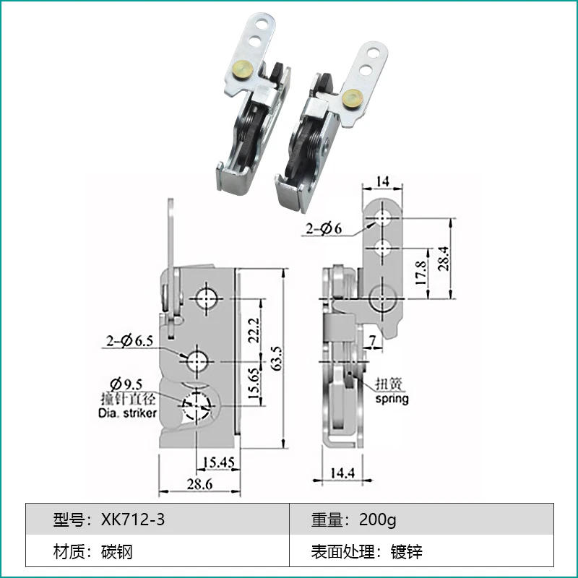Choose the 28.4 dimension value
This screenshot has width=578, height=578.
click(x=447, y=258)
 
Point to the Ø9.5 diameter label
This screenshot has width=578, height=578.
click(x=123, y=384)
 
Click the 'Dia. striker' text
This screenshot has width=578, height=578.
click(x=126, y=413)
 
